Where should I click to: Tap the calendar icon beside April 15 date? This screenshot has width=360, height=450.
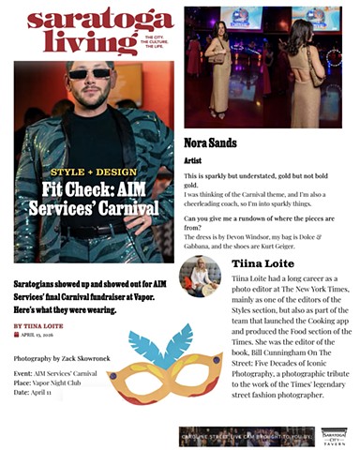coord(16,334)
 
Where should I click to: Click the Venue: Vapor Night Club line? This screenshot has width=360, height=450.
coord(55,382)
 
